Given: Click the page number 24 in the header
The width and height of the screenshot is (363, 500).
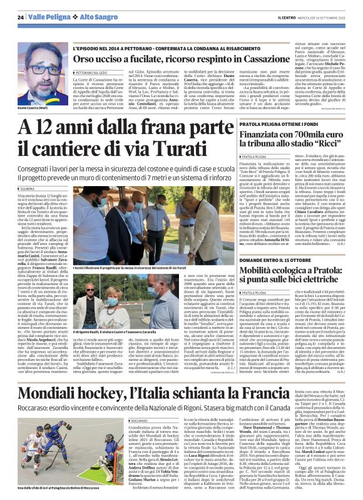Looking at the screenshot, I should coord(21,17).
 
